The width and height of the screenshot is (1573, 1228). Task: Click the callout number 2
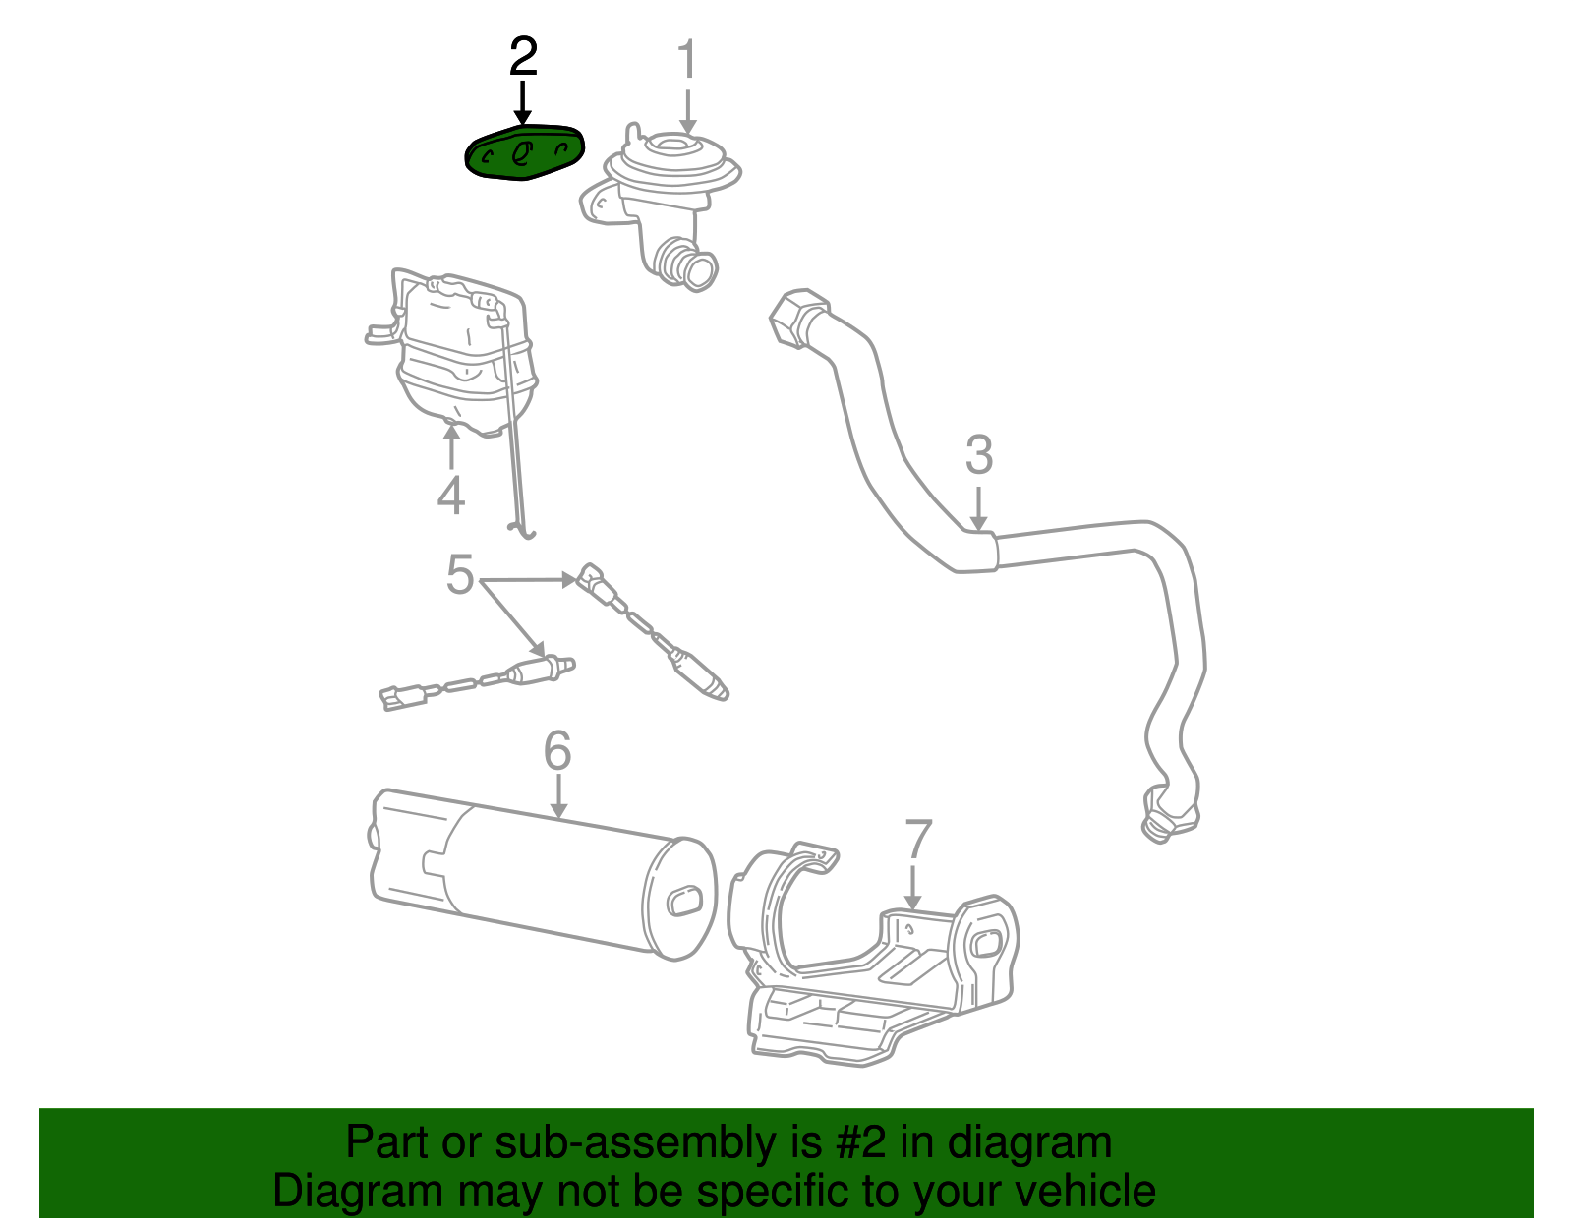pyautogui.click(x=523, y=58)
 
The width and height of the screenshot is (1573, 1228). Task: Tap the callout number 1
pyautogui.click(x=687, y=60)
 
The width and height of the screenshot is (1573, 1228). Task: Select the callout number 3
pyautogui.click(x=978, y=456)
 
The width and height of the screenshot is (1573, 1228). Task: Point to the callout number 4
pyautogui.click(x=450, y=496)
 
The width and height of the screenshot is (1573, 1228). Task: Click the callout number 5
pyautogui.click(x=460, y=574)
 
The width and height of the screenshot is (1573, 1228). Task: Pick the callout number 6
pyautogui.click(x=557, y=752)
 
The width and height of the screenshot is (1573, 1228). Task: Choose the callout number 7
pyautogui.click(x=916, y=840)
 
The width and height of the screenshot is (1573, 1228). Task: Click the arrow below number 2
pyautogui.click(x=523, y=102)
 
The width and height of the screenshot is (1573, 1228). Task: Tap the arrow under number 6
pyautogui.click(x=558, y=796)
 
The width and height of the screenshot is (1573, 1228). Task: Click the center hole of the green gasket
pyautogui.click(x=522, y=152)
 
